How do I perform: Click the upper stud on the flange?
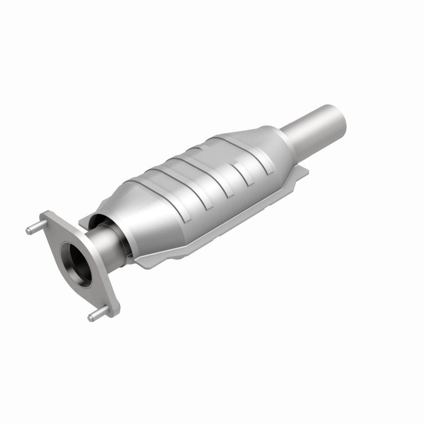pyautogui.click(x=35, y=228)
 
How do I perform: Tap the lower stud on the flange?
pyautogui.click(x=96, y=315)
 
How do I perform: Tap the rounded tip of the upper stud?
pyautogui.click(x=28, y=230)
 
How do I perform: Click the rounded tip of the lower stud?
pyautogui.click(x=90, y=319)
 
